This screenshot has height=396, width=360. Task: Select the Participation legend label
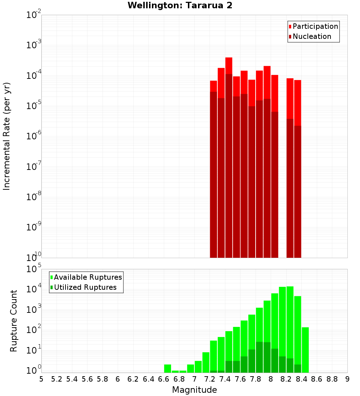tap(315, 26)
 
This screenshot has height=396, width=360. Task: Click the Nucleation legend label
tap(312, 36)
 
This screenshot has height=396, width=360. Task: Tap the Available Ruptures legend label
tap(88, 277)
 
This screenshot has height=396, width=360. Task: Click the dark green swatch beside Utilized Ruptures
tap(51, 287)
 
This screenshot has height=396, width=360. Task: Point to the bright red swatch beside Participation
tap(290, 26)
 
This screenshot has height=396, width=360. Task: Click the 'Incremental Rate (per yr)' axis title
tap(7, 136)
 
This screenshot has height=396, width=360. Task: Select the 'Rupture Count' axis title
tap(14, 321)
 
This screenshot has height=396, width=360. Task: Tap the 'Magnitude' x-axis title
tap(194, 390)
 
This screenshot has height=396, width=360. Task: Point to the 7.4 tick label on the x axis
tap(225, 379)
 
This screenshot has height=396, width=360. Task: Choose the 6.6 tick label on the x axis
tap(164, 379)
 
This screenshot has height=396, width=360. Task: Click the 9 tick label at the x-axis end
tap(347, 379)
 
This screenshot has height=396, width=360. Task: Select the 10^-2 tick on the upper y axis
tap(33, 15)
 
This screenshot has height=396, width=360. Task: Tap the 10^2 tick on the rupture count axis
tap(33, 330)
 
